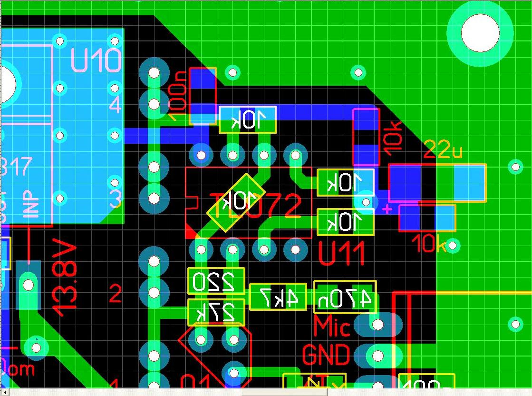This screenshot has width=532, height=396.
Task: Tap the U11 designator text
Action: (x=341, y=254)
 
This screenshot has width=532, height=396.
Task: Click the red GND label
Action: (x=326, y=355)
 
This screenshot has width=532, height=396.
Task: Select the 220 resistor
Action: (x=216, y=281)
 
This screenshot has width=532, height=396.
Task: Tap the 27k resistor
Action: (x=216, y=312)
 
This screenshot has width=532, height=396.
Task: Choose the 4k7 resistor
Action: (x=278, y=297)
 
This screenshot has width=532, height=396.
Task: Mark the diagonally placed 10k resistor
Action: (x=236, y=203)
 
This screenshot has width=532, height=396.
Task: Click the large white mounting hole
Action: (x=480, y=32)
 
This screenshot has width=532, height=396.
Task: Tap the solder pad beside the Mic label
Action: (x=377, y=325)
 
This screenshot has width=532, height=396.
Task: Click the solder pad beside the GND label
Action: (x=378, y=356)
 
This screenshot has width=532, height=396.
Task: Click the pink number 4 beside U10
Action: (x=116, y=105)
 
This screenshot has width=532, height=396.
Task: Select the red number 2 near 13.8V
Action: (x=116, y=295)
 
